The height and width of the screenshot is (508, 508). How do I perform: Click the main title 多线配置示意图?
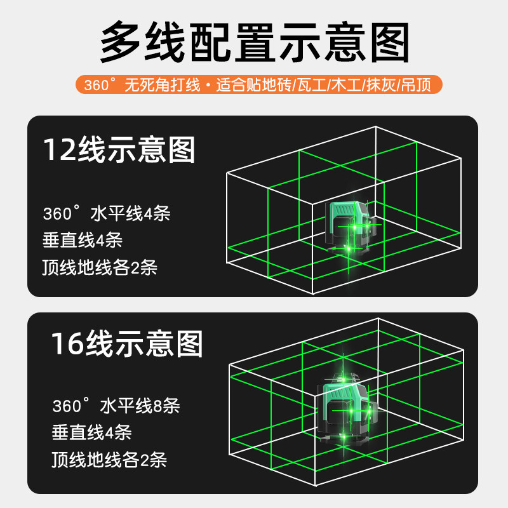[255, 42]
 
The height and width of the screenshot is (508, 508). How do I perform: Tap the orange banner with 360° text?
[259, 84]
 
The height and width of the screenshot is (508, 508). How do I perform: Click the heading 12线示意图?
[119, 150]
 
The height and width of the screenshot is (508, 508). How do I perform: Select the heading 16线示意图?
[127, 344]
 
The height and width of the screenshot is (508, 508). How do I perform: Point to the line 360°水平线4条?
[107, 213]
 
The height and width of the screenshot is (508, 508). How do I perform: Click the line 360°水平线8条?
[116, 406]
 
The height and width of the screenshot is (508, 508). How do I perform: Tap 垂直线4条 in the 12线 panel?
[83, 240]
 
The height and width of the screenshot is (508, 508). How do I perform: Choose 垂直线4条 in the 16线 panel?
[91, 432]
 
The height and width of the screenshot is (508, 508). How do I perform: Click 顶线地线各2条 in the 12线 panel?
[100, 267]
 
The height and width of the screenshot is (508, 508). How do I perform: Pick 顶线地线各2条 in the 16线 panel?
[109, 459]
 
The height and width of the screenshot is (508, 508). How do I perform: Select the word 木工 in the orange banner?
[346, 85]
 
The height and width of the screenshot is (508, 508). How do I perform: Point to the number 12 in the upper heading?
[60, 150]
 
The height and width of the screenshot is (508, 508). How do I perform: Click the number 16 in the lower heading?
[68, 344]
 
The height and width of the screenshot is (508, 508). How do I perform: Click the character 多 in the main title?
[120, 42]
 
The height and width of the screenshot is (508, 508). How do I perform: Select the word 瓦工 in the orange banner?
[311, 85]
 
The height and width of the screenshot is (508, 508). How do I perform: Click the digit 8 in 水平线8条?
[157, 406]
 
